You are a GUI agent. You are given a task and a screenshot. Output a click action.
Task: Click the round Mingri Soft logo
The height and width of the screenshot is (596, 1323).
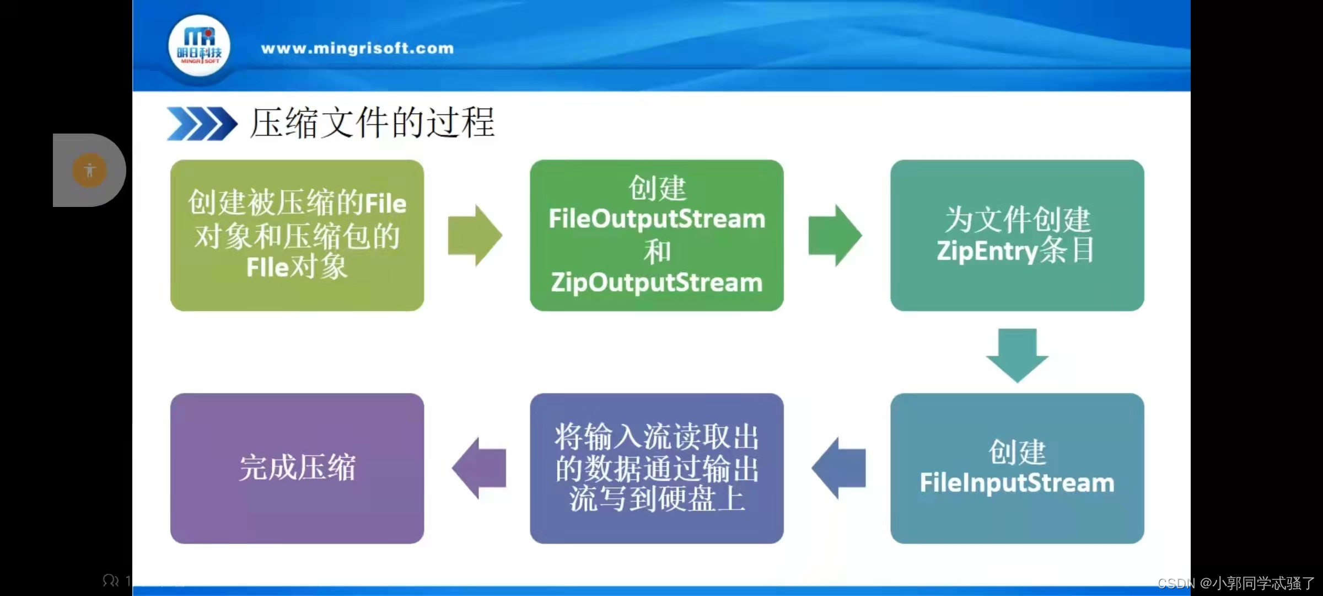tap(199, 47)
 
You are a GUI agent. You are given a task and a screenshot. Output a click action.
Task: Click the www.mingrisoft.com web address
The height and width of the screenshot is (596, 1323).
tap(357, 49)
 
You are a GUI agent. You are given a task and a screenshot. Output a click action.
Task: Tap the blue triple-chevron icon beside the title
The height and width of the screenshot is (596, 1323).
tap(201, 124)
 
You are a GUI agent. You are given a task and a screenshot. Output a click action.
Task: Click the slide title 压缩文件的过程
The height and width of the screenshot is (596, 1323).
tap(373, 123)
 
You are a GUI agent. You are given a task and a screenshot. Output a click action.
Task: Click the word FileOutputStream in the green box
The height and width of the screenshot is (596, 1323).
tap(657, 219)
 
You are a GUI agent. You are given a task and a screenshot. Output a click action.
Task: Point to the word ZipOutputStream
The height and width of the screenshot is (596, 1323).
tap(657, 283)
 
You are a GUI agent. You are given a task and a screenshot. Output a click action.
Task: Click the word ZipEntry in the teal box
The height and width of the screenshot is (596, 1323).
tap(987, 251)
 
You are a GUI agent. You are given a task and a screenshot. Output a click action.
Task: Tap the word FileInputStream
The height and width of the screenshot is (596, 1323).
tap(1017, 483)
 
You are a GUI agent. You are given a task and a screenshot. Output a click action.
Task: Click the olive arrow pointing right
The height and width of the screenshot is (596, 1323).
tap(475, 236)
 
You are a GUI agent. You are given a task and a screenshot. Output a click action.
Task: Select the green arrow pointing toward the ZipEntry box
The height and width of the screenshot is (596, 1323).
tap(835, 236)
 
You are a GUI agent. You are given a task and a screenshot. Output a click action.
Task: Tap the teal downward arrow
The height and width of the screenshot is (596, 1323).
tap(1017, 355)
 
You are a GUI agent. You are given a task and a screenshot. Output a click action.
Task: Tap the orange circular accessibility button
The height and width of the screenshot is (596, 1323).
tap(89, 170)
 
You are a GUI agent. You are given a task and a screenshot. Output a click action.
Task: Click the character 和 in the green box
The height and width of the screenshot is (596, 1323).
tap(657, 251)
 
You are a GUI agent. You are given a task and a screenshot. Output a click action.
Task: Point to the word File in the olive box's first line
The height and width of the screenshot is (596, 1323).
tap(385, 204)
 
